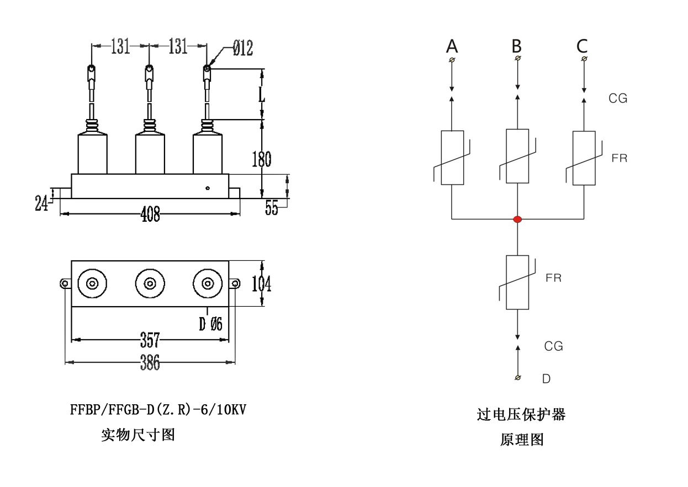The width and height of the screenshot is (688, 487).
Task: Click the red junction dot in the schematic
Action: pyautogui.click(x=517, y=219)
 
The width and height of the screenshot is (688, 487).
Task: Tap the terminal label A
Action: pyautogui.click(x=452, y=46)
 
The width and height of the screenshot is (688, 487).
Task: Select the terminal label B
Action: pyautogui.click(x=517, y=46)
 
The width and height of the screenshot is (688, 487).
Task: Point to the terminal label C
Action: pyautogui.click(x=582, y=46)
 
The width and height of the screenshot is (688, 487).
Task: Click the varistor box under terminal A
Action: pyautogui.click(x=452, y=157)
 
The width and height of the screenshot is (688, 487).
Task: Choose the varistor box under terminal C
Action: pyautogui.click(x=584, y=158)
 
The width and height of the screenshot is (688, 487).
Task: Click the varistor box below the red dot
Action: pyautogui.click(x=517, y=282)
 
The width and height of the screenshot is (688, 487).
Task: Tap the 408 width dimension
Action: pyautogui.click(x=150, y=215)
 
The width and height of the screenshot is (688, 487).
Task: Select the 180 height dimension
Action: pyautogui.click(x=262, y=159)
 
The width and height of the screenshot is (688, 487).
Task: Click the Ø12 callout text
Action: pyautogui.click(x=242, y=49)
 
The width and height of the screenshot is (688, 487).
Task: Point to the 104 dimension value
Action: pyautogui.click(x=261, y=284)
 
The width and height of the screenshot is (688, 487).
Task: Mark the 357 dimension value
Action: pyautogui.click(x=150, y=340)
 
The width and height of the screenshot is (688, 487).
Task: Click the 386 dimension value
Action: pyautogui.click(x=150, y=362)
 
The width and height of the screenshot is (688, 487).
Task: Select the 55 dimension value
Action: pyautogui.click(x=272, y=208)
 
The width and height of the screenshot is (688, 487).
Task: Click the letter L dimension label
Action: pyautogui.click(x=262, y=94)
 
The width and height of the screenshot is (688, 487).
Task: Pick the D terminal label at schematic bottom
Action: pyautogui.click(x=546, y=379)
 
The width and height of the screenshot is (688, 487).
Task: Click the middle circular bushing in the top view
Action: pyautogui.click(x=150, y=283)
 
